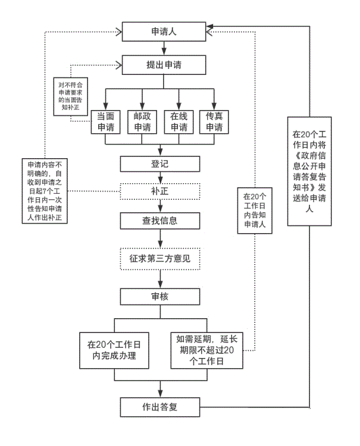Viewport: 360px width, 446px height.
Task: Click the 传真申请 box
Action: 215,121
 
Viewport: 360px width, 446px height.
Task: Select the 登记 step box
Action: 160,164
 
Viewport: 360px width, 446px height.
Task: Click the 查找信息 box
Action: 160,221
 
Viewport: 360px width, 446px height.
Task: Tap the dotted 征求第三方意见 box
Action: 160,259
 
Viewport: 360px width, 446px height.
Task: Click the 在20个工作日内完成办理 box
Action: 114,350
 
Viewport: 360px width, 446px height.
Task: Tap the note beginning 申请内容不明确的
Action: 45,191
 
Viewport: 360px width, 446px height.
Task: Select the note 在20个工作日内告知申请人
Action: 256,211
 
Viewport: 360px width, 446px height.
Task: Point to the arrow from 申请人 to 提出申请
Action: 160,47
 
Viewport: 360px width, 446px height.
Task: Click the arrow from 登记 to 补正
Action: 160,178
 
